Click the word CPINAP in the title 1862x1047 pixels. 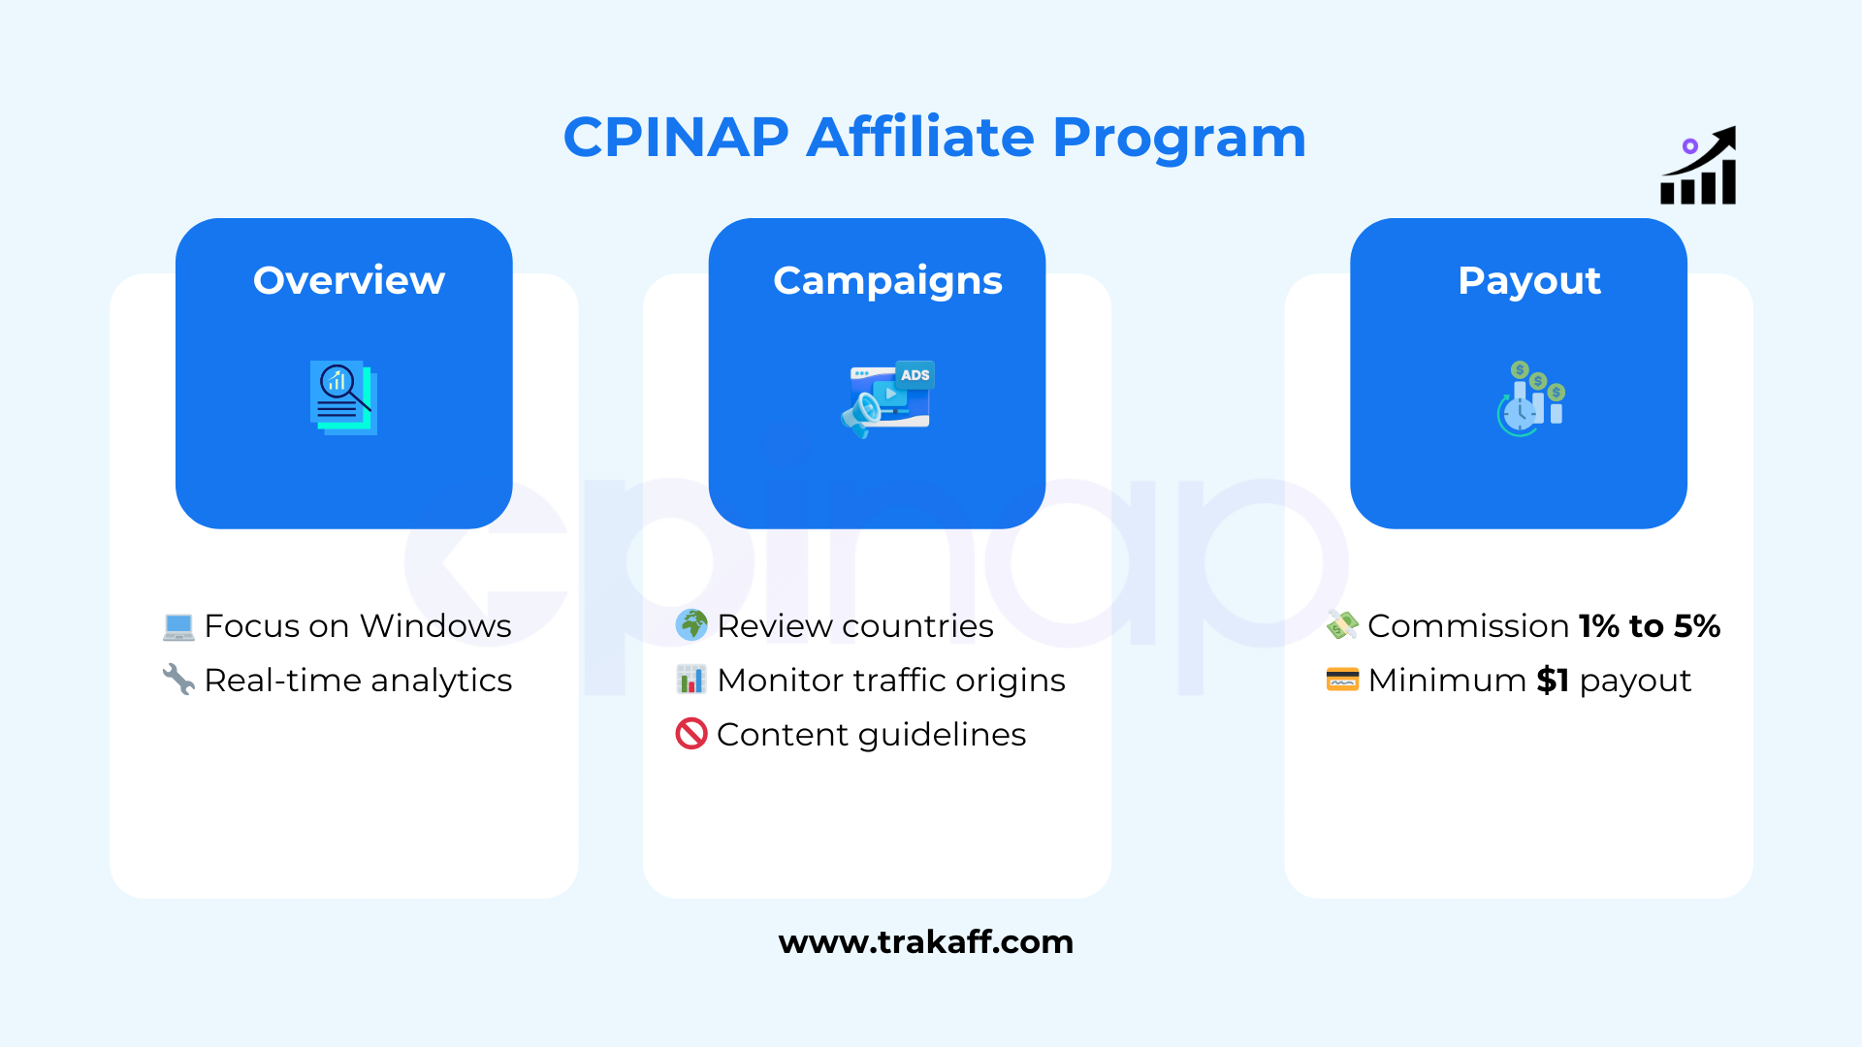676,137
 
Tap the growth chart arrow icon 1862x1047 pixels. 1698,166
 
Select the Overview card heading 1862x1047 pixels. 349,280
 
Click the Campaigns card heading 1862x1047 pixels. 887,282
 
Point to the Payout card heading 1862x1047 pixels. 1529,282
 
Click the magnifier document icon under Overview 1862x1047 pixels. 343,397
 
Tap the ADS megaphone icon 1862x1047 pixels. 887,398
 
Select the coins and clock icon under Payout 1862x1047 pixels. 1531,398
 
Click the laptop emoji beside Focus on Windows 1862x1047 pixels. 178,627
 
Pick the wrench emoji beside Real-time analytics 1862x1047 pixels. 178,680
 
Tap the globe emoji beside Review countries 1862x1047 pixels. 691,625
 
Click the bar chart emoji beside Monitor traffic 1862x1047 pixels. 691,680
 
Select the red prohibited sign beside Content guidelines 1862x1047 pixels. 691,734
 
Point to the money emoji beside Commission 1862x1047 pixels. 1342,625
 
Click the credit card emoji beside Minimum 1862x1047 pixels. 1342,680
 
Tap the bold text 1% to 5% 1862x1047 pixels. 1650,626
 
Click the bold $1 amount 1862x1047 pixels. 1553,681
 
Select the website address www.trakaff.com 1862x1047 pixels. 926,942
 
